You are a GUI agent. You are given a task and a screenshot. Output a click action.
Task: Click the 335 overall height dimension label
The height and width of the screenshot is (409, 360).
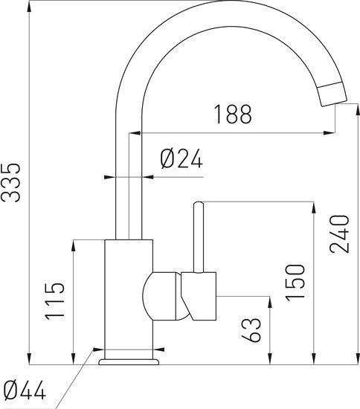coord(10,183)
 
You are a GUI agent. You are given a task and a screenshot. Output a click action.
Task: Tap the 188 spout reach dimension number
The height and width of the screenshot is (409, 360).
coord(233,114)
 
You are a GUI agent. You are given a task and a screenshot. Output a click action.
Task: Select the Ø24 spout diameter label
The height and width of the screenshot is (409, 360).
coord(181,158)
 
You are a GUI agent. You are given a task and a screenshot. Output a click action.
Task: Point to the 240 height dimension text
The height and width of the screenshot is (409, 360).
coord(339,234)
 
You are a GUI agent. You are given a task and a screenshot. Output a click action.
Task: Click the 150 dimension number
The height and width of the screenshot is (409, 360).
coord(295,283)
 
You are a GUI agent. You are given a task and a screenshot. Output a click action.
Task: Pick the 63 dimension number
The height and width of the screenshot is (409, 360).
coord(251,329)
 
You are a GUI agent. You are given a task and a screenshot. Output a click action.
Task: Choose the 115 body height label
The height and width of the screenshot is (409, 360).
coord(54,300)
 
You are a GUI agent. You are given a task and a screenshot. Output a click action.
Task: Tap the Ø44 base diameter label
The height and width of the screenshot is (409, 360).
coord(25,390)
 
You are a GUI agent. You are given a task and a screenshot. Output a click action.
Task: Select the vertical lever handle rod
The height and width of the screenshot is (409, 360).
coord(199,237)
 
